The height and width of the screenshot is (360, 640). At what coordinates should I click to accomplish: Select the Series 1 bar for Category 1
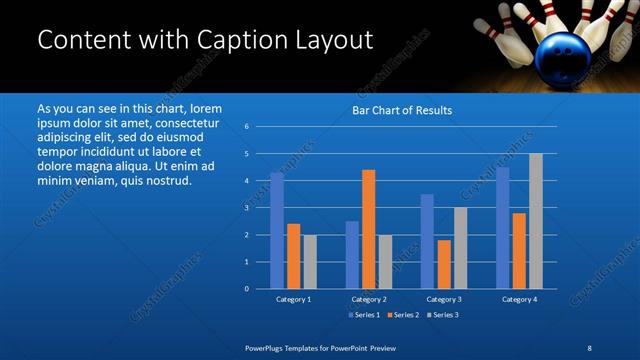(277, 230)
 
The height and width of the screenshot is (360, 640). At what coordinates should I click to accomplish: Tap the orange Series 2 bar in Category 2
(368, 229)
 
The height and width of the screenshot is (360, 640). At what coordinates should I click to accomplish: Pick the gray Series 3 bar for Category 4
(536, 221)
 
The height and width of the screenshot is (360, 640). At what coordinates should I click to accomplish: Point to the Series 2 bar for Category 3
(444, 264)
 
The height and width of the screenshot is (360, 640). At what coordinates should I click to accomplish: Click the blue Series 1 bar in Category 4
(502, 228)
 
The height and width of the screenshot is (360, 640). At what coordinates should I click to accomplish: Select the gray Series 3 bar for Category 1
(310, 261)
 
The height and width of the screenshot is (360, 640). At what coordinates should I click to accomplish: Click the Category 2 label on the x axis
(369, 299)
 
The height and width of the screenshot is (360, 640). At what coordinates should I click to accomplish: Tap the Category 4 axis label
(519, 299)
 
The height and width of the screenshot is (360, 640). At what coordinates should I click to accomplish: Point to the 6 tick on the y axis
(247, 127)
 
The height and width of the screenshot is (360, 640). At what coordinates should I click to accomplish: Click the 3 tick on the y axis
(247, 208)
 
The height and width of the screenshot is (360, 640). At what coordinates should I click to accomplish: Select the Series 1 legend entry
(363, 315)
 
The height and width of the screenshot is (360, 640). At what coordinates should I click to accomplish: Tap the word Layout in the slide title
(332, 40)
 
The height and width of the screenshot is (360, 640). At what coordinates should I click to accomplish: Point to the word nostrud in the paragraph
(166, 180)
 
